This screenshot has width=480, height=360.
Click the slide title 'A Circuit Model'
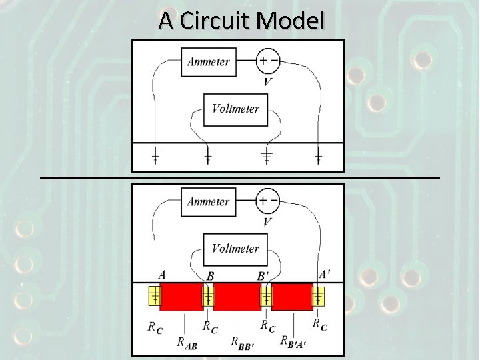coord(241,21)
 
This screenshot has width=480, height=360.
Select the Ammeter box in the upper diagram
coord(208,62)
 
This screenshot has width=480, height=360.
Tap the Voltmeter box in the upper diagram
coord(235,109)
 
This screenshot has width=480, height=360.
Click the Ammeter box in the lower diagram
coord(208,201)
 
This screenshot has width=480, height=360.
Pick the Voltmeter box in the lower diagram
coord(235,249)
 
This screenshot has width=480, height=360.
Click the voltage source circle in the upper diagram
coord(268,61)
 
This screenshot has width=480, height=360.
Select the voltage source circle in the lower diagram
coord(268,201)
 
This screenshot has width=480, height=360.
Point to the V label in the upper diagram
coord(267,82)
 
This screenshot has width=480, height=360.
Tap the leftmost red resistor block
coord(181,297)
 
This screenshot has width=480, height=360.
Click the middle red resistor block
coord(237,297)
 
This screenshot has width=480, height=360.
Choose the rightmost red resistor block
coord(292,297)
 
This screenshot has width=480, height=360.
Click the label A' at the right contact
coord(324,273)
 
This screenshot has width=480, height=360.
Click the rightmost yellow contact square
coord(319,295)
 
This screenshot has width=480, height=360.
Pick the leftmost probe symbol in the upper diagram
coord(154,157)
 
